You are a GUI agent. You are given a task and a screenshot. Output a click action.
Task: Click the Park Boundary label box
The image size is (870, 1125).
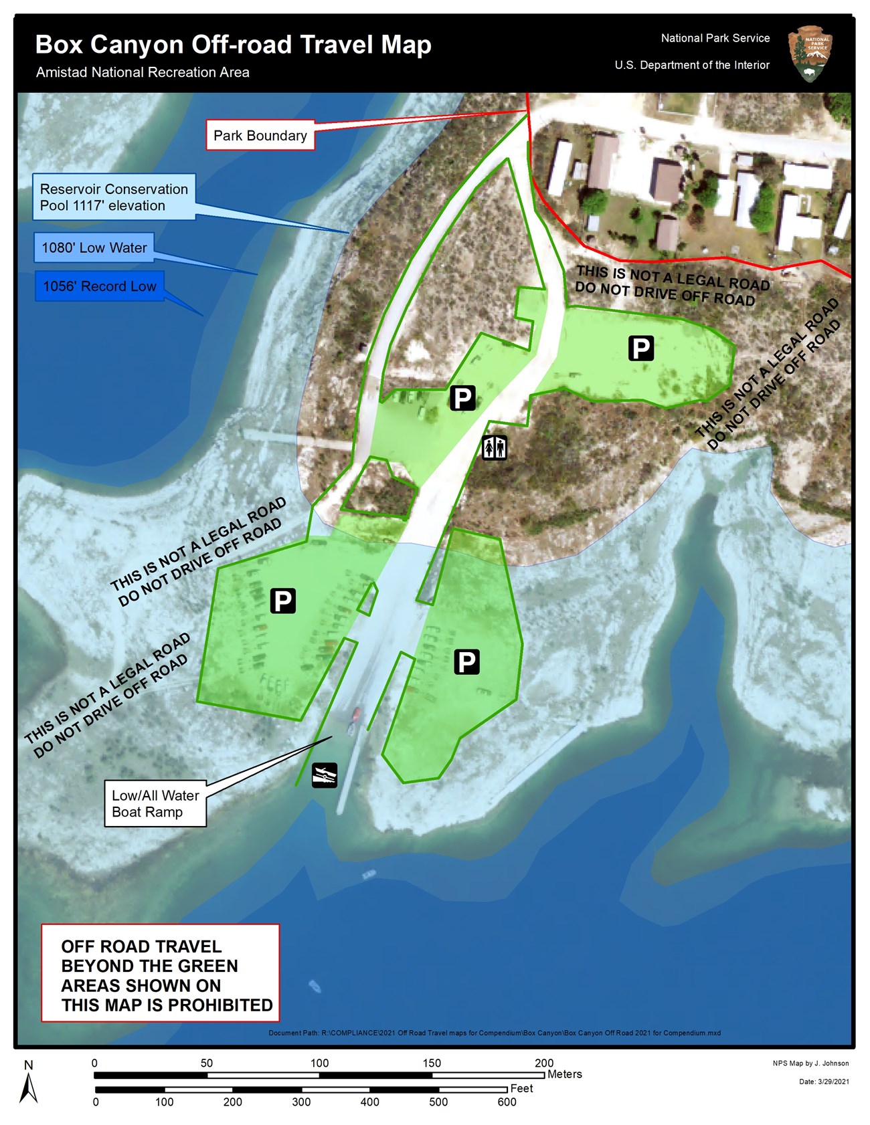click(x=260, y=135)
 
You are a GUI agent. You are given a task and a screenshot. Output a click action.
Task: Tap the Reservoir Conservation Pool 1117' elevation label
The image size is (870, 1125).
click(x=114, y=197)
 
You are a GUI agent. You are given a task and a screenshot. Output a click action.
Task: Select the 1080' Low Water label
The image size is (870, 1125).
click(x=94, y=247)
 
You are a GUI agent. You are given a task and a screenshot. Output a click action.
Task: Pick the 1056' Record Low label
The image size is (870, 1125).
click(x=99, y=286)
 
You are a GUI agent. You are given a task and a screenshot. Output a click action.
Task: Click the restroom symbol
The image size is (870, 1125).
click(x=495, y=447)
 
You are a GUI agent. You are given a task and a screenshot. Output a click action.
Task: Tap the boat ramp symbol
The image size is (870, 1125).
click(x=325, y=775)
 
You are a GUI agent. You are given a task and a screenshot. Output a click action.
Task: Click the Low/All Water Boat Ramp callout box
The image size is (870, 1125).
click(x=155, y=803)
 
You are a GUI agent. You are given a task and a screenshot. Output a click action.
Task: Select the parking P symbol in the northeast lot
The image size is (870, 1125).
click(x=640, y=348)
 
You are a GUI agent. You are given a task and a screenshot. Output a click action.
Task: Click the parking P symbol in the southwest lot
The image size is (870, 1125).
click(x=282, y=601)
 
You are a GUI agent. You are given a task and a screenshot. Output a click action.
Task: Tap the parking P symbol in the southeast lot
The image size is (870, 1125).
click(x=466, y=661)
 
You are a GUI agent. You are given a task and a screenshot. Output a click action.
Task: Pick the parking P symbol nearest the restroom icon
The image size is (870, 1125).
click(x=462, y=397)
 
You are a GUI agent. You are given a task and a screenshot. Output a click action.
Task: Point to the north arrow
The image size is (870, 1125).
click(x=28, y=1087)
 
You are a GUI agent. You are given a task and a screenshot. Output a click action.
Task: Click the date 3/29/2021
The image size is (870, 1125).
click(x=833, y=1082)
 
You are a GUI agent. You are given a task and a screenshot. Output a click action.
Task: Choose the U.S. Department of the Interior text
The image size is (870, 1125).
click(x=692, y=65)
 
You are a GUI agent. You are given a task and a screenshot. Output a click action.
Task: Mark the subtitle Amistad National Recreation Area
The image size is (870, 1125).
click(x=143, y=72)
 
